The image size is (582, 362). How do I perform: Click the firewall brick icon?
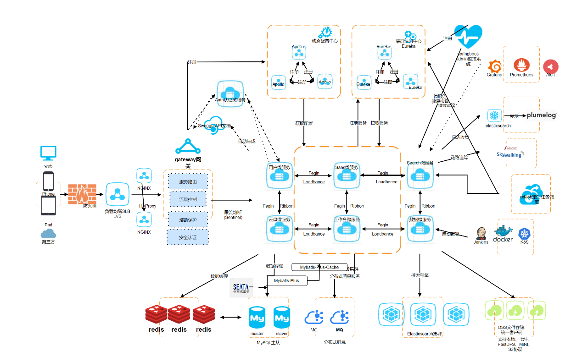(82, 195)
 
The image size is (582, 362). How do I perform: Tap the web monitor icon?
(48, 153)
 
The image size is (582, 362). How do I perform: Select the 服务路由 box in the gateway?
(188, 182)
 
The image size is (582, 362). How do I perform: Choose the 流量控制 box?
(188, 199)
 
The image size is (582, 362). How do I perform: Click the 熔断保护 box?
(188, 219)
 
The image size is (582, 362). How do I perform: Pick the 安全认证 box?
(188, 237)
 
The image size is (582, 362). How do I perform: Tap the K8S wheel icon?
(524, 234)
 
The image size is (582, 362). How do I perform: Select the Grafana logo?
(494, 66)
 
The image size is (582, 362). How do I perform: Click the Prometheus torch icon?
(521, 66)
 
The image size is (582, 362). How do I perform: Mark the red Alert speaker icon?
(551, 66)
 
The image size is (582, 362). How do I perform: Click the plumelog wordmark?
(541, 115)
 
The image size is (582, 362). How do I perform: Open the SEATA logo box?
(241, 288)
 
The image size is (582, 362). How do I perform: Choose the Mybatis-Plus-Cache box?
(319, 267)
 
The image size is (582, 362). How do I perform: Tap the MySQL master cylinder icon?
(257, 318)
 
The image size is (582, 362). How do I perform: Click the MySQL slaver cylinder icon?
(282, 318)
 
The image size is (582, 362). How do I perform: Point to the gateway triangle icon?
(187, 147)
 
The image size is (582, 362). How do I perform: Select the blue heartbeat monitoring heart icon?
(468, 37)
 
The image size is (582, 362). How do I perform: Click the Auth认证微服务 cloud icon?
(230, 93)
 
